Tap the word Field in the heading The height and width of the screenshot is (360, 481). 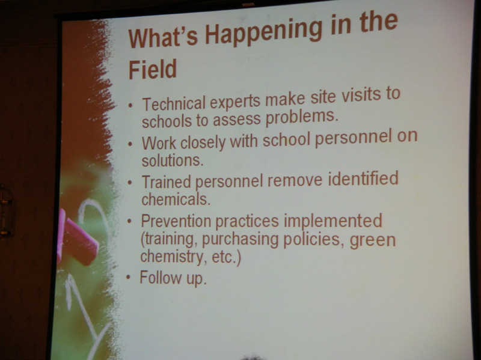pyautogui.click(x=153, y=69)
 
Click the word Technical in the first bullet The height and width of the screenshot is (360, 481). pyautogui.click(x=174, y=104)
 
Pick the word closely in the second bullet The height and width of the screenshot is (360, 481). pyautogui.click(x=203, y=143)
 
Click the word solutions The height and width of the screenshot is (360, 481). pyautogui.click(x=173, y=160)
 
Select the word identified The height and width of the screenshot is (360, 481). pyautogui.click(x=363, y=178)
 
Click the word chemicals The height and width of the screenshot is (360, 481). pyautogui.click(x=176, y=199)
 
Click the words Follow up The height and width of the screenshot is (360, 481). pyautogui.click(x=173, y=278)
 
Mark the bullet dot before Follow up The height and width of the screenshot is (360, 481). pyautogui.click(x=128, y=278)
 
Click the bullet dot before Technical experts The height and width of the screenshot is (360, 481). pyautogui.click(x=130, y=105)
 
